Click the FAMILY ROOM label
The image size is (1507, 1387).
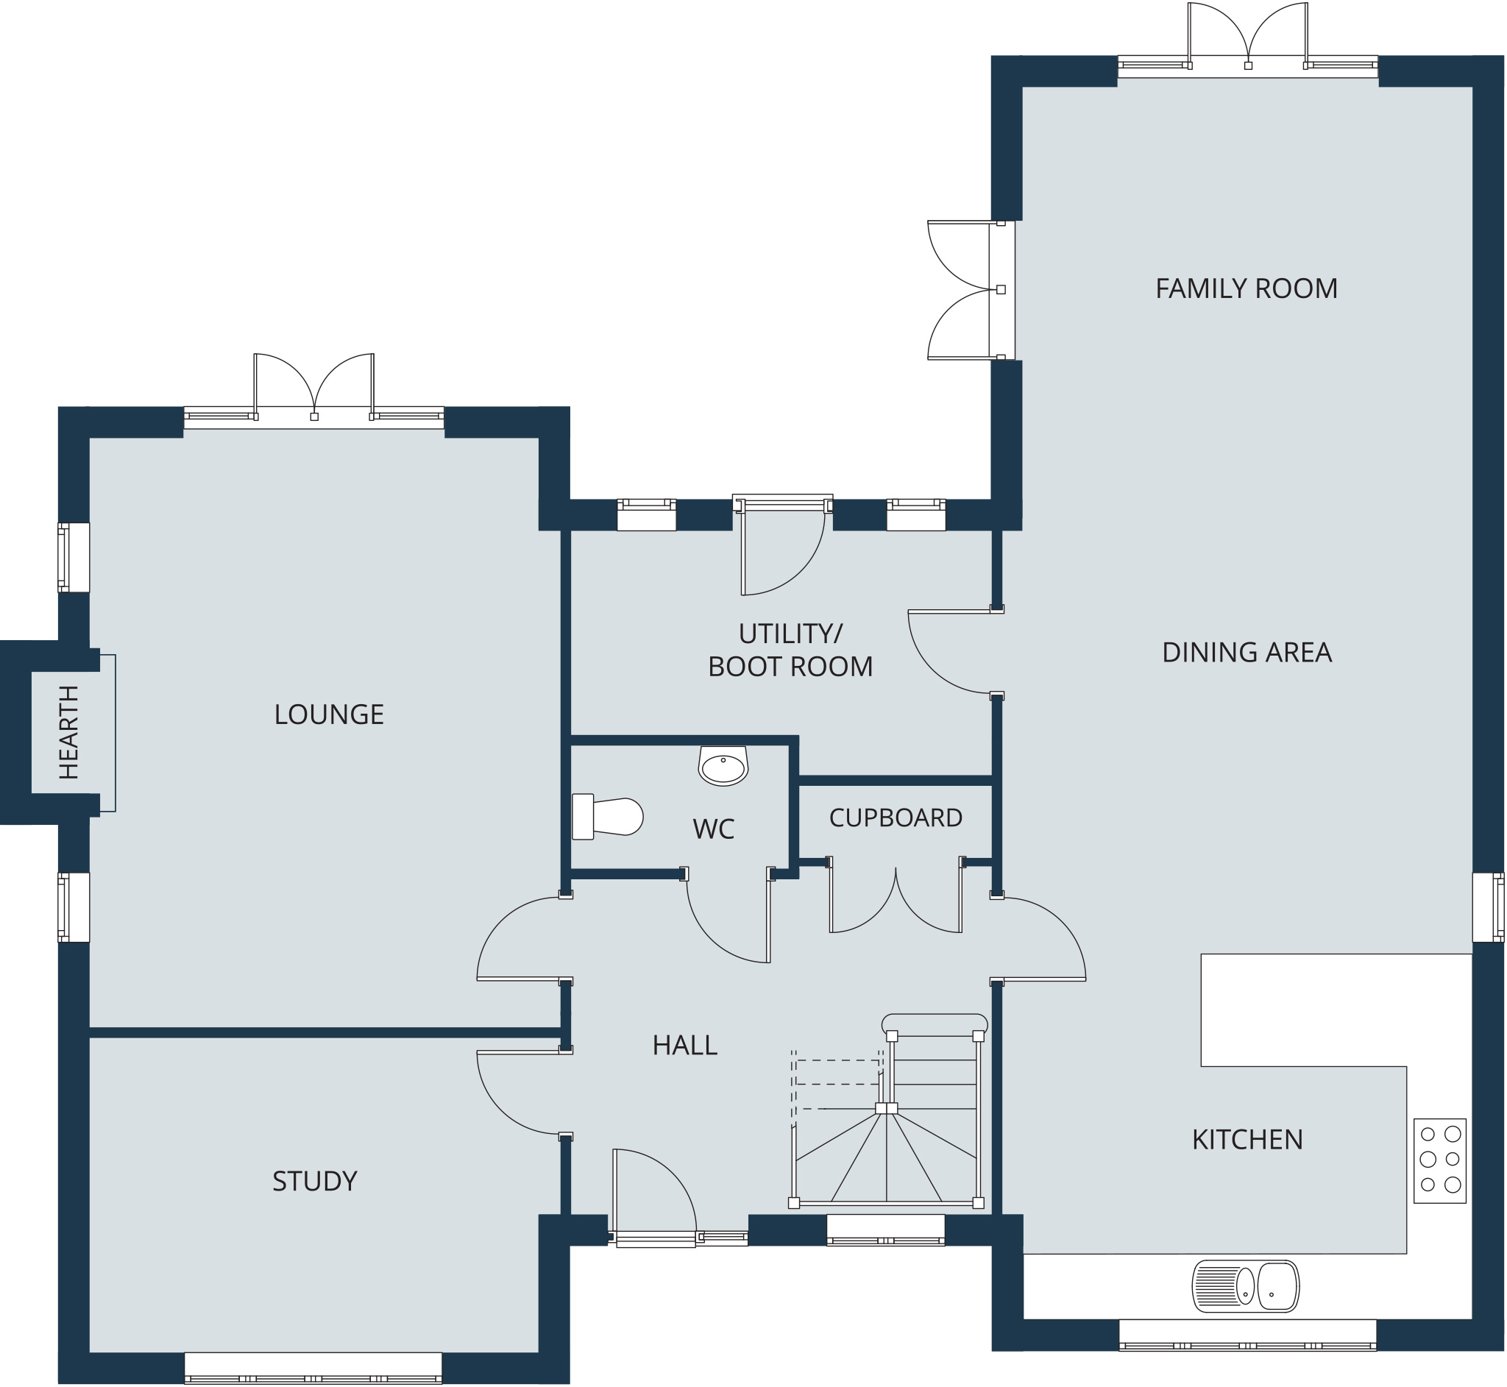(1246, 288)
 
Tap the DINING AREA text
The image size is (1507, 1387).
(1247, 652)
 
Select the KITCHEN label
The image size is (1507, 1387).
(1247, 1139)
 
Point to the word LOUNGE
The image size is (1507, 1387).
(329, 714)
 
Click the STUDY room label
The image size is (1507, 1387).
(314, 1182)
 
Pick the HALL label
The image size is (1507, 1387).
(684, 1046)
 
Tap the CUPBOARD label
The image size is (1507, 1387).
(896, 817)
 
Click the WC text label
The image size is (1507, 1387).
(713, 829)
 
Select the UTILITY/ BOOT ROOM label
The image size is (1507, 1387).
(790, 650)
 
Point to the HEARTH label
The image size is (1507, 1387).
(68, 732)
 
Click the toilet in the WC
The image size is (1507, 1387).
(607, 817)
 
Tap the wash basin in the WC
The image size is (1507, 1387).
(723, 765)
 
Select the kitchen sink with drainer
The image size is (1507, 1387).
(1246, 1285)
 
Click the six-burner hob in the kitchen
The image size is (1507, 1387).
(1439, 1161)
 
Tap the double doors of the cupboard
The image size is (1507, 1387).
(896, 897)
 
